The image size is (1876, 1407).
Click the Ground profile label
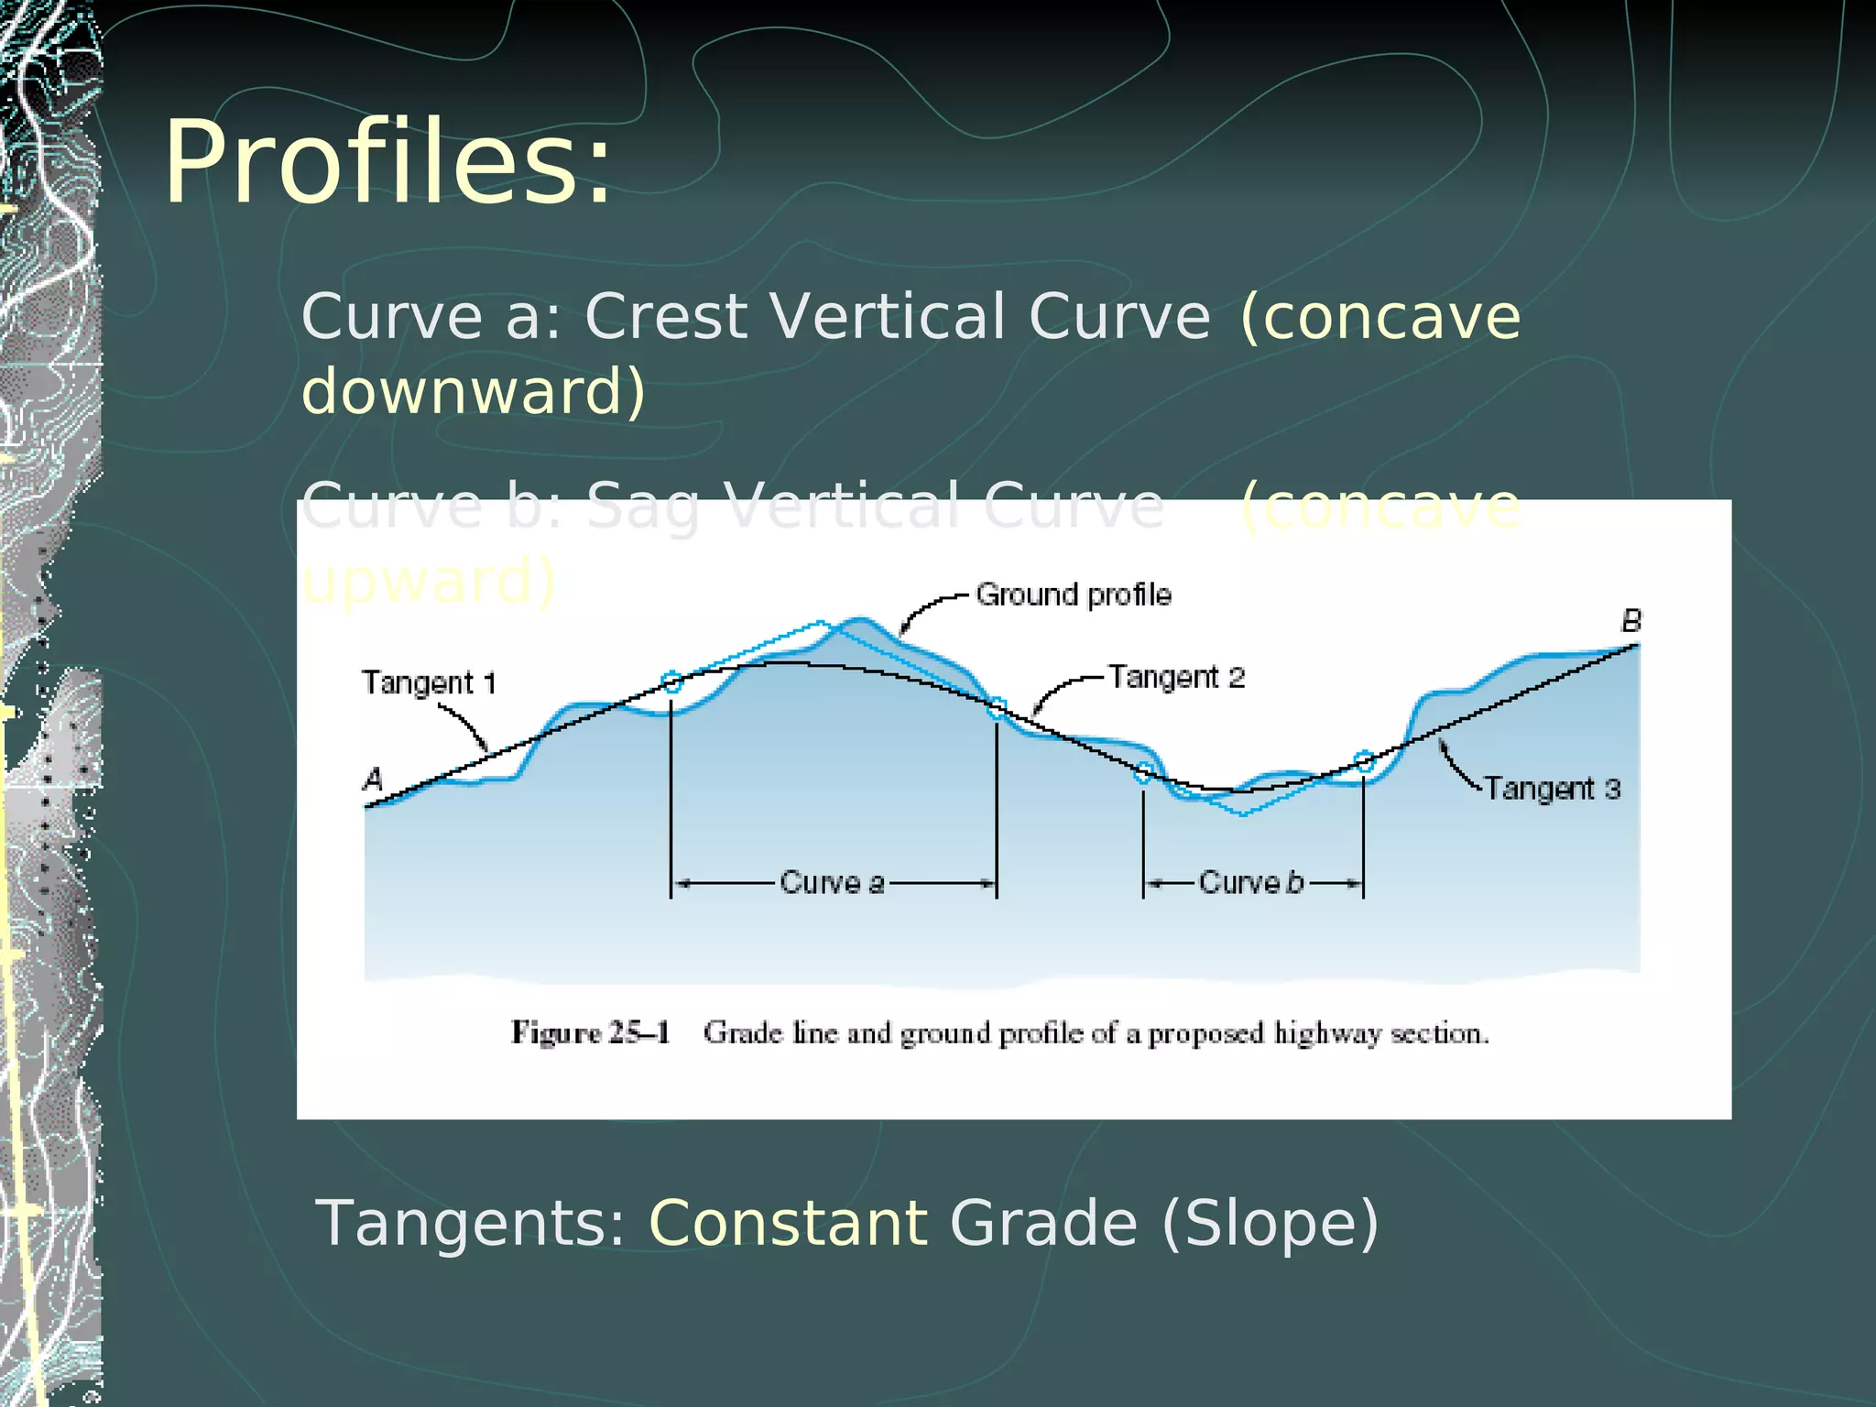tap(1073, 595)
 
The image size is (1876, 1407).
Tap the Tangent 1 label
tap(429, 683)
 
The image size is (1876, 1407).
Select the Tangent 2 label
tap(1176, 678)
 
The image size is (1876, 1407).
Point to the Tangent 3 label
tap(1552, 789)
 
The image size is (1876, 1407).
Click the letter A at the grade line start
tap(373, 780)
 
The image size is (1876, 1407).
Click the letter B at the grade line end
tap(1631, 621)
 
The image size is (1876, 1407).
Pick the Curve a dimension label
tap(832, 883)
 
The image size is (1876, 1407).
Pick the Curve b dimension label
tap(1250, 883)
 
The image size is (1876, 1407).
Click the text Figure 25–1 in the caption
tap(591, 1033)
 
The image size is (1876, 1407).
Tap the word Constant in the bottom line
tap(788, 1224)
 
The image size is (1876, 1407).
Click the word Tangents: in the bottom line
tap(471, 1224)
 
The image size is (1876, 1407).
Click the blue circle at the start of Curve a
tap(671, 682)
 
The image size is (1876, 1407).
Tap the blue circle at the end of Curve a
tap(997, 707)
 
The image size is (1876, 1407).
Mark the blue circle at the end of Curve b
tap(1364, 762)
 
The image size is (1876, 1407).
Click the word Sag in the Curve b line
tap(642, 507)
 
